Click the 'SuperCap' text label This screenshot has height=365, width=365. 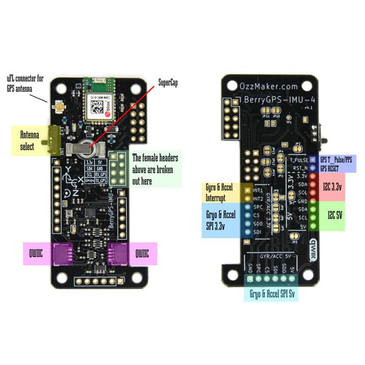click(168, 83)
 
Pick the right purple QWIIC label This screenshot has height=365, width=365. click(142, 254)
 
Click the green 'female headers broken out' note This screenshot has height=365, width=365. click(155, 169)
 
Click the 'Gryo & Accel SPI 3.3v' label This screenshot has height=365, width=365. click(221, 219)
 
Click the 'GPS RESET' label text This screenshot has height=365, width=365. click(333, 169)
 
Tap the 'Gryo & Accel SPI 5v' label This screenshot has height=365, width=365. click(272, 293)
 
